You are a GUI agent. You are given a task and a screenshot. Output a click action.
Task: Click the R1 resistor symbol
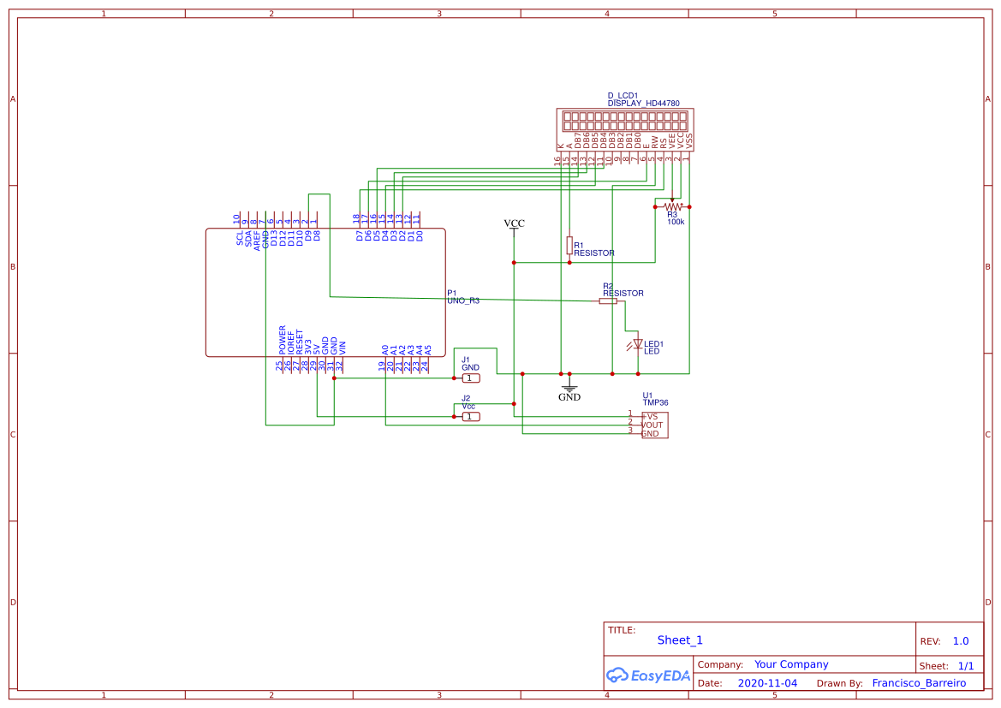pyautogui.click(x=569, y=246)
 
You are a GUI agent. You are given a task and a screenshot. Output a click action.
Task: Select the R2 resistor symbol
pyautogui.click(x=607, y=301)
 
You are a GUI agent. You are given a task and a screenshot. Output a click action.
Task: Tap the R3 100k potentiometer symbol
pyautogui.click(x=672, y=206)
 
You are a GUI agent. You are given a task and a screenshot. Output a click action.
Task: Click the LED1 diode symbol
pyautogui.click(x=637, y=345)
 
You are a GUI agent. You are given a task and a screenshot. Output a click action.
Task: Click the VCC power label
pyautogui.click(x=514, y=224)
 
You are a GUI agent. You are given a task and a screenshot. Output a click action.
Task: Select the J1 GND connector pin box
pyautogui.click(x=471, y=378)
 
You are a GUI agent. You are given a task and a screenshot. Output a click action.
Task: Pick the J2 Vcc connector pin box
pyautogui.click(x=471, y=416)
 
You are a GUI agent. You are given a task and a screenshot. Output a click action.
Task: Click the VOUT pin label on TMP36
pyautogui.click(x=652, y=425)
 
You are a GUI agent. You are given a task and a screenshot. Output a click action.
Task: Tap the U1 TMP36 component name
pyautogui.click(x=655, y=402)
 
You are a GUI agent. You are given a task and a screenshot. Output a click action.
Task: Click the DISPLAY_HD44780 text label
pyautogui.click(x=643, y=103)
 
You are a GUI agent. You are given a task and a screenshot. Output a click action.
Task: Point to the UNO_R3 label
pyautogui.click(x=463, y=301)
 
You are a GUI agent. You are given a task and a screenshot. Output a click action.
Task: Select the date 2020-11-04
pyautogui.click(x=766, y=683)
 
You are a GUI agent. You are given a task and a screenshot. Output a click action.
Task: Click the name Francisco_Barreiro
pyautogui.click(x=918, y=683)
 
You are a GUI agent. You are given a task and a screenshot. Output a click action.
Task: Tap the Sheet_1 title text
pyautogui.click(x=680, y=640)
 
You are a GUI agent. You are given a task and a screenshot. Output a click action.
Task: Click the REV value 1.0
pyautogui.click(x=960, y=641)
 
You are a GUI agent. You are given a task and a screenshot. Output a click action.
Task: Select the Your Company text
pyautogui.click(x=791, y=664)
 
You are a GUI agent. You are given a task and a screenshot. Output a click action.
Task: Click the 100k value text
pyautogui.click(x=676, y=222)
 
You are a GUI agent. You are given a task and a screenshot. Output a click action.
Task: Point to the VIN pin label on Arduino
pyautogui.click(x=343, y=348)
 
